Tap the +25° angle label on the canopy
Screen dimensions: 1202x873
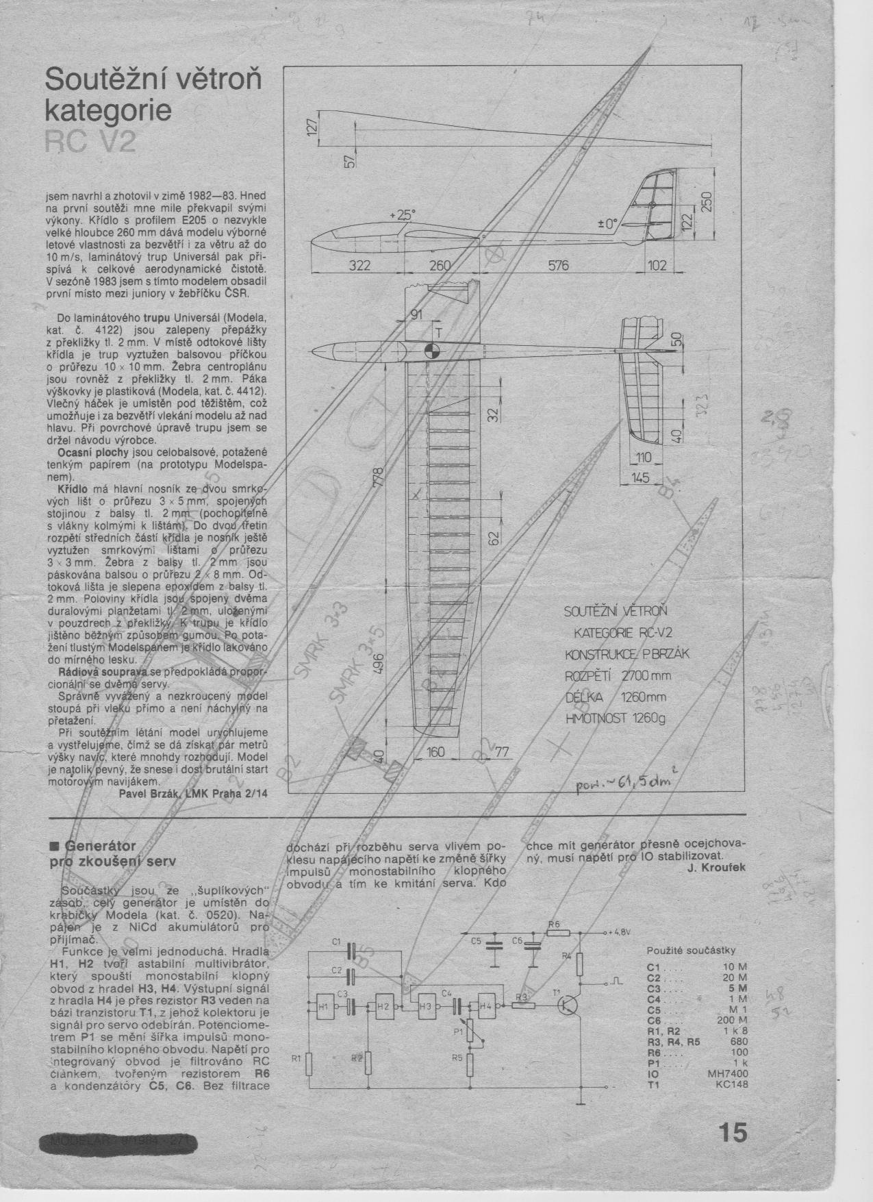402,215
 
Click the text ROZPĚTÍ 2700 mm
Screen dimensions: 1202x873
618,675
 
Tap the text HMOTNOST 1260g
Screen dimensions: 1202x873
614,718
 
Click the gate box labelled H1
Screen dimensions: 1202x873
325,1005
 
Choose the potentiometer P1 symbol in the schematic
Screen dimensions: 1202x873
470,1031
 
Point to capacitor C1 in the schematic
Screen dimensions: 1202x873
352,950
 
